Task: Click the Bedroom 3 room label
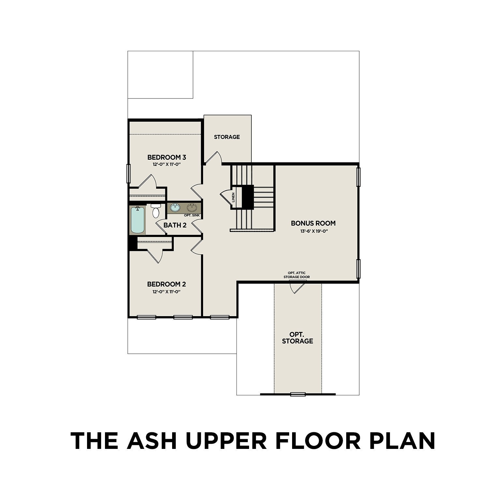coord(167,157)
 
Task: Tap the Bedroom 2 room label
coord(166,284)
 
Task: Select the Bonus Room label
coord(313,223)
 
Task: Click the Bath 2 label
coord(175,225)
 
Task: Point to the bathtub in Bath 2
coord(138,220)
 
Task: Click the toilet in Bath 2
coord(156,211)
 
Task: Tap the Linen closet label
coord(233,198)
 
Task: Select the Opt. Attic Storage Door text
coord(296,275)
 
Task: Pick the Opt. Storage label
coord(297,338)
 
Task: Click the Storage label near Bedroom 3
coord(227,137)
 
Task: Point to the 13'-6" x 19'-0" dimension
coord(313,231)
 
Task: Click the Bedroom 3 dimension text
coord(166,165)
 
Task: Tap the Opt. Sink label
coord(192,215)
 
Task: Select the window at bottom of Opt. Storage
coord(298,394)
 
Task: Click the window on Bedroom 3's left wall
coord(128,173)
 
